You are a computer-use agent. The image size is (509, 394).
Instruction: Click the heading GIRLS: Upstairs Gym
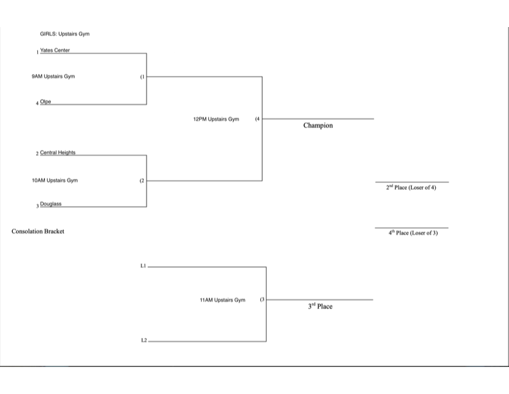[x=64, y=33]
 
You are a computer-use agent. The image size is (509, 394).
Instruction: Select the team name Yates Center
[x=55, y=50]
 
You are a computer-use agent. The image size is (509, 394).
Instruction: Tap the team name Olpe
[x=46, y=102]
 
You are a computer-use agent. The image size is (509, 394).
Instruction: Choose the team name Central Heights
[x=58, y=153]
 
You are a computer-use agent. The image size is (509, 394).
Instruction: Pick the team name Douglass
[x=50, y=204]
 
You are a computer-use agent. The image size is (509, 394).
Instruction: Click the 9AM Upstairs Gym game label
[x=53, y=77]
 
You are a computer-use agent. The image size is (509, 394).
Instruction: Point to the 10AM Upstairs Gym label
[x=55, y=180]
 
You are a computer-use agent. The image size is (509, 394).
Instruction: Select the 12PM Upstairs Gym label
[x=216, y=119]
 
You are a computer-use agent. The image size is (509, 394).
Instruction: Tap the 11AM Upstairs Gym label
[x=222, y=300]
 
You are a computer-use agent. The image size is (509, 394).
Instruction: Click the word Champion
[x=318, y=126]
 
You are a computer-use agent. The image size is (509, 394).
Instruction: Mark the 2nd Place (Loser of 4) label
[x=411, y=188]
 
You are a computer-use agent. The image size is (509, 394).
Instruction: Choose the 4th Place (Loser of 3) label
[x=413, y=233]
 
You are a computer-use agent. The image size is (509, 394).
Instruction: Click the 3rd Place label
[x=320, y=306]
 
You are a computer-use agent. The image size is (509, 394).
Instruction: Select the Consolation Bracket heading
[x=38, y=231]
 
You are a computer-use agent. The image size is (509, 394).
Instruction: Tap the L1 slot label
[x=143, y=265]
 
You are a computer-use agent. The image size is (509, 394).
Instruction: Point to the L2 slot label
[x=143, y=340]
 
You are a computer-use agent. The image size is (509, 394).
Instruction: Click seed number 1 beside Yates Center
[x=37, y=52]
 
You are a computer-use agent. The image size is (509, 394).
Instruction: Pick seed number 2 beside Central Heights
[x=37, y=154]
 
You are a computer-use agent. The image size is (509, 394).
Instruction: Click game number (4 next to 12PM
[x=257, y=119]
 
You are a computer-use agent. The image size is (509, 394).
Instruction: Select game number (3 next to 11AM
[x=262, y=300]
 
